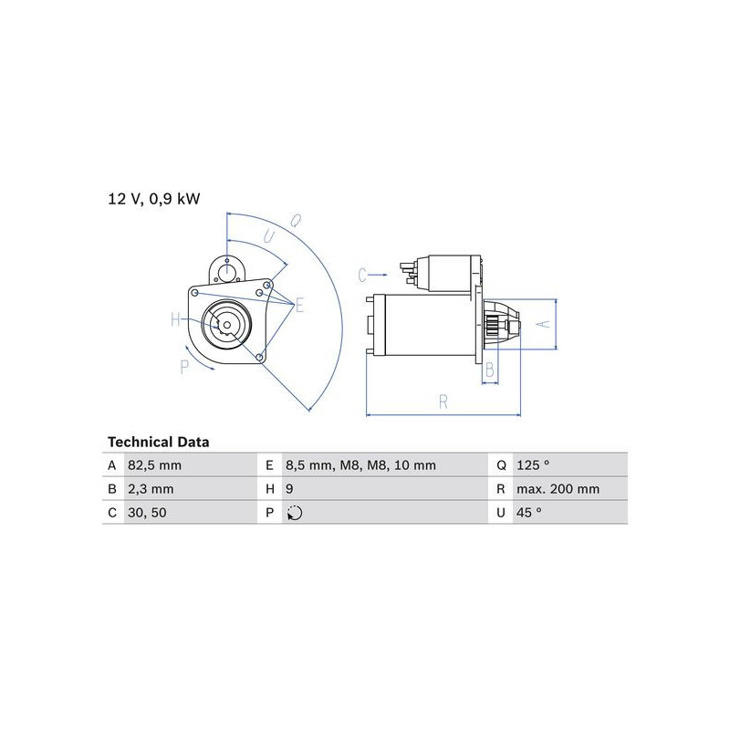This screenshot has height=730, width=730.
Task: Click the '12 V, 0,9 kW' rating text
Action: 153,199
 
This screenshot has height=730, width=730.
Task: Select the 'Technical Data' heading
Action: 158,442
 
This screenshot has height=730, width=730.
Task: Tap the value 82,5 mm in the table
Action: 154,465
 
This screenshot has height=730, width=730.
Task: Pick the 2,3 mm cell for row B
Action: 151,489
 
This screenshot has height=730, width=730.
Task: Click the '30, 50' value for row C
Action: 147,513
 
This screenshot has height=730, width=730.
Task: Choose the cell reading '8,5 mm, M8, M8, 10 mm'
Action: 360,465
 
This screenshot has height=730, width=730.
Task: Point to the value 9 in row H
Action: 289,489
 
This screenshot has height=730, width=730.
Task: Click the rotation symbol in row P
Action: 295,513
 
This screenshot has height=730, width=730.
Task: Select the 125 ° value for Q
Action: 533,464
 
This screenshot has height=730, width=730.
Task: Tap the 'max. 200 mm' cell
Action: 558,489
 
